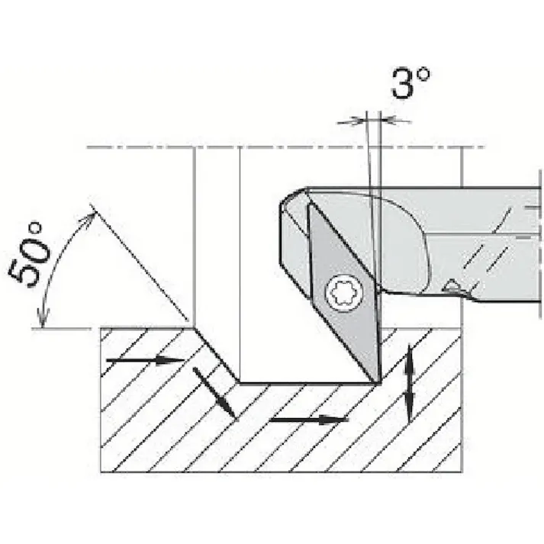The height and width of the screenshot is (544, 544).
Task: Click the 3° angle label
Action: pos(410,82)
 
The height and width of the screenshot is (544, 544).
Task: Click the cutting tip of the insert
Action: pos(379,382)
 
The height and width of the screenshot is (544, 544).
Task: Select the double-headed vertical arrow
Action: pos(410,382)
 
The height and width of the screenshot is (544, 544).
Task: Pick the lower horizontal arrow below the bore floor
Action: pos(308,420)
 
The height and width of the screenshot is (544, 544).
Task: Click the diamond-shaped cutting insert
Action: pos(343,292)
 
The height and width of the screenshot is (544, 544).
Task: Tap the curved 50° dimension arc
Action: pos(56,264)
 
